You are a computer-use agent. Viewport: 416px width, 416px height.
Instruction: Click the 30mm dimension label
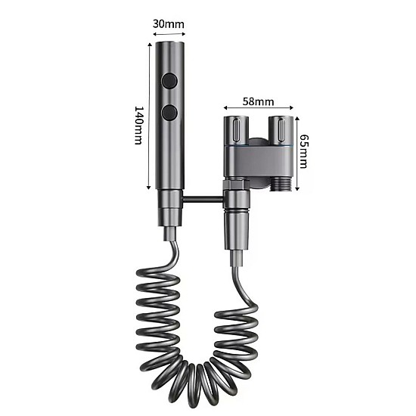(168, 24)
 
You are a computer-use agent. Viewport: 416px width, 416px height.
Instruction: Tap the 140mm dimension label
(138, 126)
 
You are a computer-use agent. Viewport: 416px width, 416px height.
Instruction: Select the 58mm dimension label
(258, 101)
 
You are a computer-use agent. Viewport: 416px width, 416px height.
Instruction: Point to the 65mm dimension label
(303, 151)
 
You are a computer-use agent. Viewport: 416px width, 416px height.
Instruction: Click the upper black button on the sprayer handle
(169, 81)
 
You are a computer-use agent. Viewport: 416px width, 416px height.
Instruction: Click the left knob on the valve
(236, 129)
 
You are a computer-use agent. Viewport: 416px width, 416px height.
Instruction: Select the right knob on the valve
(281, 130)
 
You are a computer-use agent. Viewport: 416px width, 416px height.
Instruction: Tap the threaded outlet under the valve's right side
(281, 184)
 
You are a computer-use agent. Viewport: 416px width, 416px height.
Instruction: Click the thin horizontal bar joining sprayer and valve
(203, 198)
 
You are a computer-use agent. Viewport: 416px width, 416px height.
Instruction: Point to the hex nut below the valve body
(235, 185)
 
